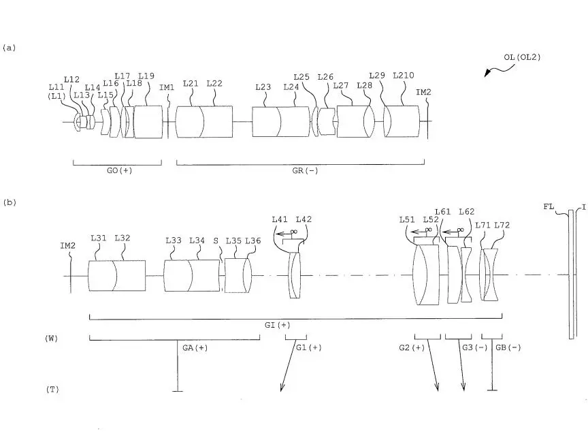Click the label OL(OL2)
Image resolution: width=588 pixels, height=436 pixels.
pyautogui.click(x=522, y=57)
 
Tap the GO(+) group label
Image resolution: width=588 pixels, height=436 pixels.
pyautogui.click(x=120, y=170)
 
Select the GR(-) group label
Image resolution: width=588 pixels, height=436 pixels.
pyautogui.click(x=305, y=170)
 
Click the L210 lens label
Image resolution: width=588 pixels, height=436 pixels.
pyautogui.click(x=404, y=76)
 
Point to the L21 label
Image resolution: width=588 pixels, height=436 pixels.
pyautogui.click(x=191, y=83)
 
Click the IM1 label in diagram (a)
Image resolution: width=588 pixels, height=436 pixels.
pyautogui.click(x=167, y=87)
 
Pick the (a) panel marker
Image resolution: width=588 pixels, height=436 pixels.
pyautogui.click(x=10, y=48)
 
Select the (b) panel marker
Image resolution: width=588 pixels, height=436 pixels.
pyautogui.click(x=10, y=202)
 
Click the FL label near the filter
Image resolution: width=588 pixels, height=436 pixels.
pyautogui.click(x=549, y=206)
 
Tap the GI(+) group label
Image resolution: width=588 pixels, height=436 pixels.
pyautogui.click(x=278, y=325)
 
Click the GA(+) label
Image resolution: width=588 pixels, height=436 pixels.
pyautogui.click(x=195, y=347)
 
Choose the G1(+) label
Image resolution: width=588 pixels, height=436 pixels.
pyautogui.click(x=309, y=347)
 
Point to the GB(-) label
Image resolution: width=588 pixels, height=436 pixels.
pyautogui.click(x=508, y=347)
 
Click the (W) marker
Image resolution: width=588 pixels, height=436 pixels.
pyautogui.click(x=51, y=338)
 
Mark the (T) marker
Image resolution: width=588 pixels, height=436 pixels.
pyautogui.click(x=52, y=389)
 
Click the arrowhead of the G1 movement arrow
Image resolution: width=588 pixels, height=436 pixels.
pyautogui.click(x=282, y=388)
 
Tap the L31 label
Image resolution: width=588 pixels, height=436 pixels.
pyautogui.click(x=99, y=238)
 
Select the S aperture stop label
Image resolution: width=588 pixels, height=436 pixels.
pyautogui.click(x=216, y=240)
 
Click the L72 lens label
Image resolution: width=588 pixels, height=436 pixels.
pyautogui.click(x=502, y=225)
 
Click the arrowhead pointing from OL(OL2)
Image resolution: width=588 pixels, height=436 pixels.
pyautogui.click(x=487, y=73)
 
